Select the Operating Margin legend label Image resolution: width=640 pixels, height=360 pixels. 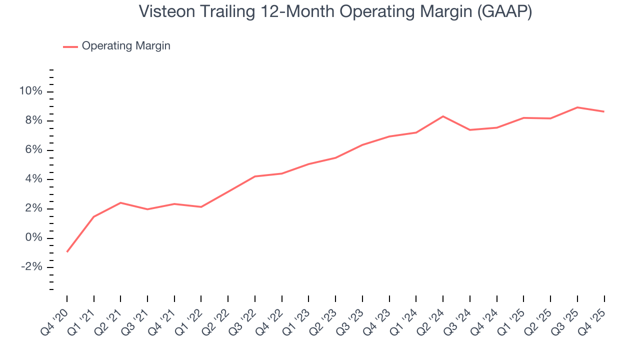pos(126,46)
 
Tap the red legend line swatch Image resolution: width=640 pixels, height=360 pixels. pos(70,46)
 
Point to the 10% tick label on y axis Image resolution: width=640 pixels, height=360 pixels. pos(31,91)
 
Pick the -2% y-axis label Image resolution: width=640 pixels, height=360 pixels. pos(31,267)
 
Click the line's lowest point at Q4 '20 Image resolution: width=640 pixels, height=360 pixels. pos(67,251)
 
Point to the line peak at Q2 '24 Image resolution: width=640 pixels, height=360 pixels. pos(443,116)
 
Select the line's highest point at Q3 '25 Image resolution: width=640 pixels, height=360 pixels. pos(577,107)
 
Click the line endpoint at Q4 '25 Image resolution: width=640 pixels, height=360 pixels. pos(604,111)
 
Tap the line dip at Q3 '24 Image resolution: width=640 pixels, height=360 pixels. pos(470,130)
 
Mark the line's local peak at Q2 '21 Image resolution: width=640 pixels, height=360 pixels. pos(120,202)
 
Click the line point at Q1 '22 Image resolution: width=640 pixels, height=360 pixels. pos(201,207)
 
